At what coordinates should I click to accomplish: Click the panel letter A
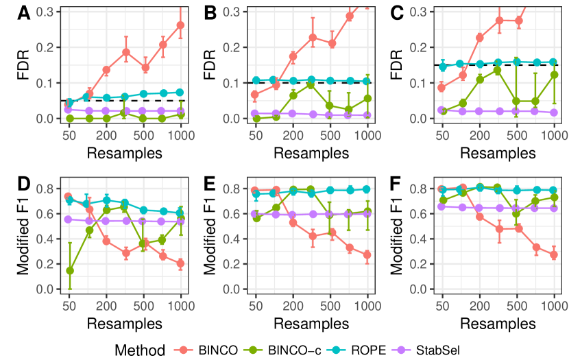(x=24, y=12)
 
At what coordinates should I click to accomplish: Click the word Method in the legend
(x=140, y=350)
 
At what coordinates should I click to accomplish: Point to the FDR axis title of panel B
(x=210, y=66)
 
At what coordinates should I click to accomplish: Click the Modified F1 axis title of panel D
(x=24, y=237)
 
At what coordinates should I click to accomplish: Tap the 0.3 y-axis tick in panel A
(x=49, y=12)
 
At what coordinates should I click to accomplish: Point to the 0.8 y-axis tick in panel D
(x=49, y=189)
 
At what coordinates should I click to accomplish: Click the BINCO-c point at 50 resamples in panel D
(x=69, y=270)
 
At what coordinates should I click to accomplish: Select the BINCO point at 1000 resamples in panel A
(x=181, y=25)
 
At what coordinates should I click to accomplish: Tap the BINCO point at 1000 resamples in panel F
(x=554, y=254)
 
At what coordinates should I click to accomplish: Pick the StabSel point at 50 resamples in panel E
(x=256, y=213)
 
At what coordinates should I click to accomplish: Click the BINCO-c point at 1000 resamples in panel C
(x=554, y=75)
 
